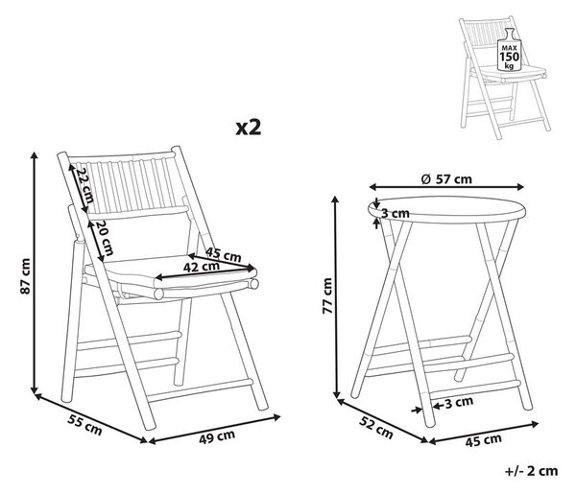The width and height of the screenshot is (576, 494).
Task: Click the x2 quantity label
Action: pos(249,129)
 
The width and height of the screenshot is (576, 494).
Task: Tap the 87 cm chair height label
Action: pos(25,276)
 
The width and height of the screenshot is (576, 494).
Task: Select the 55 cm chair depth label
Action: pos(84,424)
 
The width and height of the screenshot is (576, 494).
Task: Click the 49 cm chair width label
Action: pos(217,436)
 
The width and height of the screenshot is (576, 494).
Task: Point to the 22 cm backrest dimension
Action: pos(84,186)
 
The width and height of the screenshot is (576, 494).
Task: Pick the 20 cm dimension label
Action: pos(104,238)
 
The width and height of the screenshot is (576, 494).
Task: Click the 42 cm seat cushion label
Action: pos(202,267)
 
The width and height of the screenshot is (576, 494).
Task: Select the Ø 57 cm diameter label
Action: pos(446,179)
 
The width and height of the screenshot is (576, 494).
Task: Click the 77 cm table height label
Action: pos(327,295)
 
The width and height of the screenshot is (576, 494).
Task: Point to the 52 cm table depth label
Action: pos(375,427)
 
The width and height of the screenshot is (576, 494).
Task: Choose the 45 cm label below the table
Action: pos(484,440)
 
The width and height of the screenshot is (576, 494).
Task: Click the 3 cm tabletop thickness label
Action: pos(396,213)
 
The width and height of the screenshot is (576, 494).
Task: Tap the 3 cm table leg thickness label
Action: pos(459,403)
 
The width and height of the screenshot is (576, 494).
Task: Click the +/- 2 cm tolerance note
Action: pos(531,471)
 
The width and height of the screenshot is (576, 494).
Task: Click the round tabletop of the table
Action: pos(446,210)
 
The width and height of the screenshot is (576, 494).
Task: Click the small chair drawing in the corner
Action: pos(505,77)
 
